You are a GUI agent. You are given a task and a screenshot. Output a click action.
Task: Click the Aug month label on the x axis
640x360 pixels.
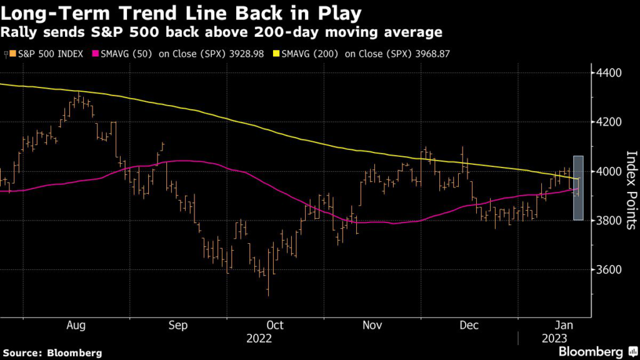coord(76,325)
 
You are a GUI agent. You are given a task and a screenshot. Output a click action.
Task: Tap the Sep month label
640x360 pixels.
coord(178,325)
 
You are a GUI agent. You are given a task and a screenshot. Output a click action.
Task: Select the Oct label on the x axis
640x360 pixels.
coord(275,325)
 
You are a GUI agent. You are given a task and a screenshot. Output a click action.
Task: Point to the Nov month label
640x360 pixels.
coord(372,325)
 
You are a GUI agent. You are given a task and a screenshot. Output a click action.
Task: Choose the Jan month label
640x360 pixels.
coord(566,325)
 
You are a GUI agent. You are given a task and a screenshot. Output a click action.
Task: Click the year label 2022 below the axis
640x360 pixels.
coord(259,338)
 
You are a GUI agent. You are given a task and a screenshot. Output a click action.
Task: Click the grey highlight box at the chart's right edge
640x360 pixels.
coord(578,187)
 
